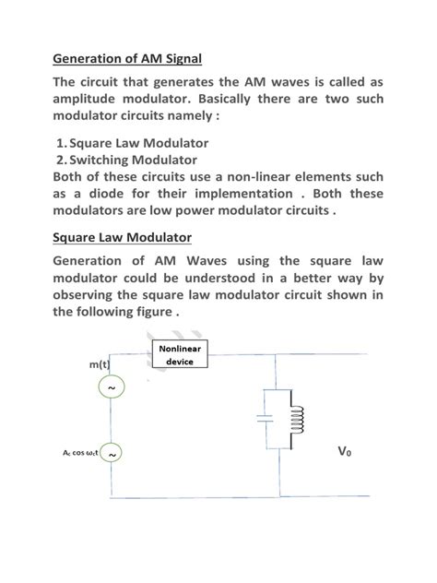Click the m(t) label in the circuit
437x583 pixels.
tap(100, 365)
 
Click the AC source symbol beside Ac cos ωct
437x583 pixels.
tap(112, 454)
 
